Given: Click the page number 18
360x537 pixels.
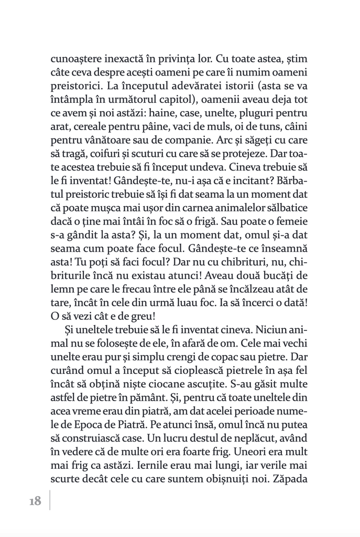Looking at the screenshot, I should [35, 501].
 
